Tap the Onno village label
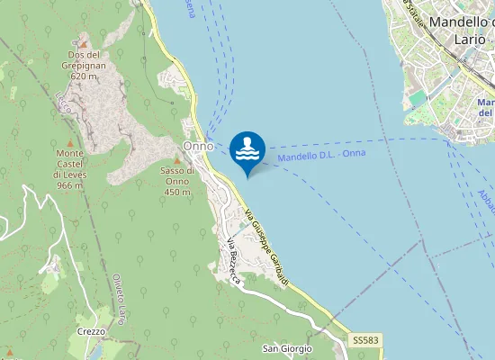point(198,146)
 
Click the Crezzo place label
point(92,331)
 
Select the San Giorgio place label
point(286,348)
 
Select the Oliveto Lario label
point(118,300)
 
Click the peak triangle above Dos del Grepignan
point(83,43)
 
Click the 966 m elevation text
point(68,185)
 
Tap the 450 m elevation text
point(177,192)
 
